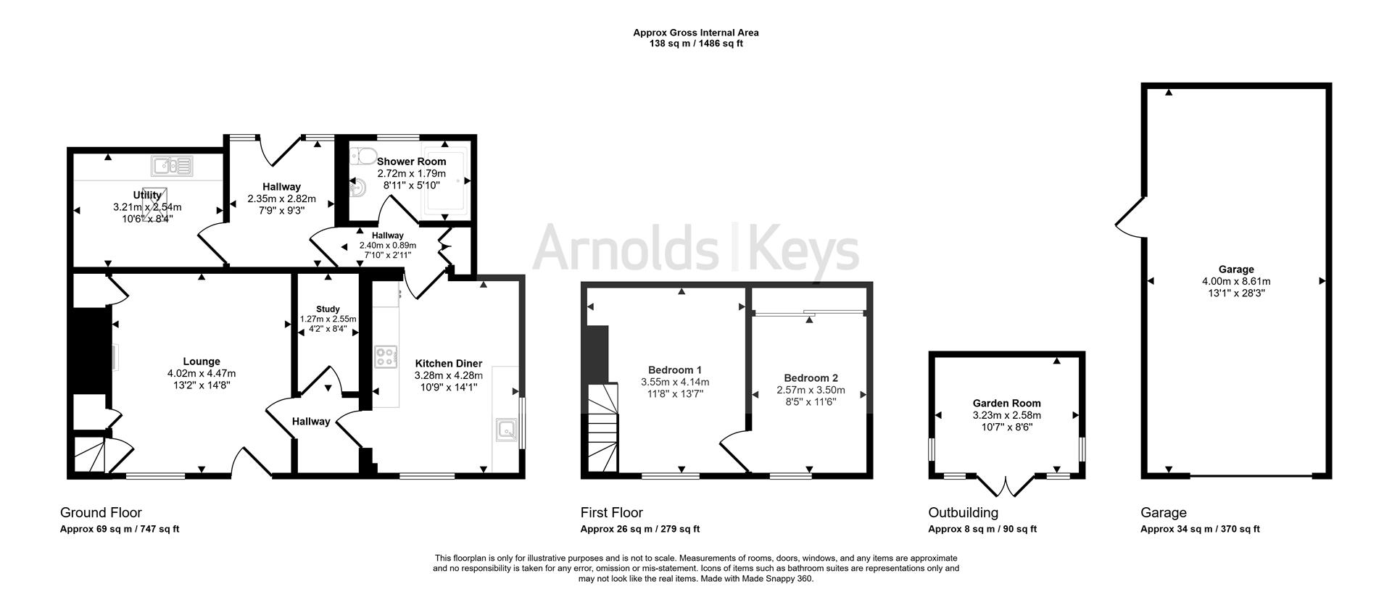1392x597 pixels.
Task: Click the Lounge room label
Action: pos(201,362)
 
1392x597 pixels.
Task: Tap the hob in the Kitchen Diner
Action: pos(386,357)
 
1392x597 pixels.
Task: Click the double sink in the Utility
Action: pos(172,167)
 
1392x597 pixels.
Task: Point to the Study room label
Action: pos(328,309)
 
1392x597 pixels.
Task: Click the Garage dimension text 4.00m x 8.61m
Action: pos(1235,281)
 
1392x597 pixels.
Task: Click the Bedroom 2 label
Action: pos(811,378)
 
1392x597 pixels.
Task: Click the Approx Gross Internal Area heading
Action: pos(695,33)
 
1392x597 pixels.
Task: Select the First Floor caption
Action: pos(611,513)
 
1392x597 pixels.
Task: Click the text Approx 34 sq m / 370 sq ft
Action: pos(1199,529)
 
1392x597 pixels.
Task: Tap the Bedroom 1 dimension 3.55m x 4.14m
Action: pos(674,382)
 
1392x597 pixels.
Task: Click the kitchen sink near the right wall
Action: pos(505,430)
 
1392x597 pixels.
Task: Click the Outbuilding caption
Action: pos(963,513)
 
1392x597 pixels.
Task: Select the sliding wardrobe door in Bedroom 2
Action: pos(809,313)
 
